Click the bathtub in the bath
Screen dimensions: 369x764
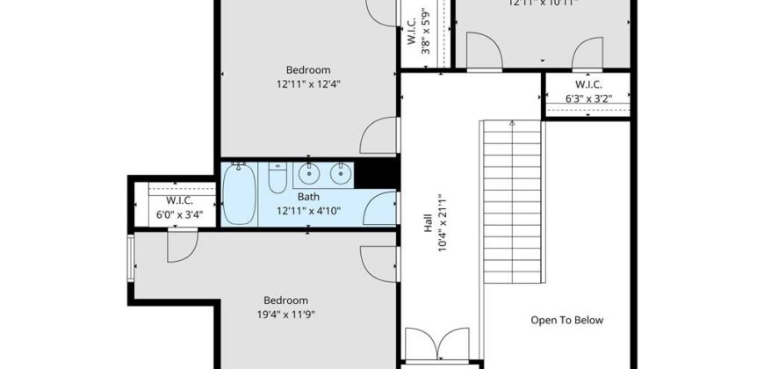click(239, 195)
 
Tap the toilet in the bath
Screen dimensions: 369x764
click(276, 180)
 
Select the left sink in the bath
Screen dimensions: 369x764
click(308, 173)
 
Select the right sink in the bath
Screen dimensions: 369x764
click(339, 173)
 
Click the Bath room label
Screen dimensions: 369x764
click(308, 197)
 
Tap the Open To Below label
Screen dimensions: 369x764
click(566, 320)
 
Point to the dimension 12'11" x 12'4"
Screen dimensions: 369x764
click(308, 84)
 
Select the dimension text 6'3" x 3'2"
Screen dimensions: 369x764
click(587, 99)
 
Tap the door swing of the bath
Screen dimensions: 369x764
click(380, 208)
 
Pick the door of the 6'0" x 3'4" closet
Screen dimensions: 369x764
click(180, 246)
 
